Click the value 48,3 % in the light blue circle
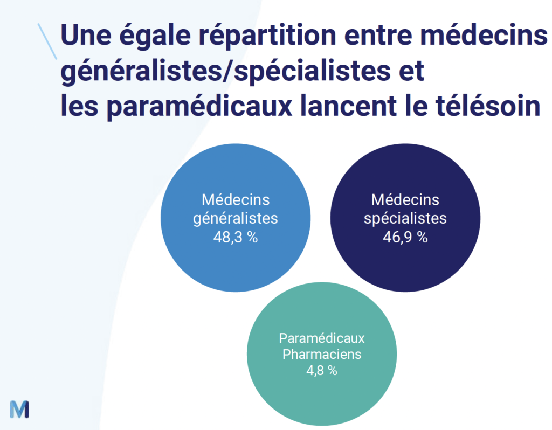236,237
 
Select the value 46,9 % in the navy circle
405,237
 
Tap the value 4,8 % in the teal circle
322,371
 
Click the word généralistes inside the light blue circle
236,219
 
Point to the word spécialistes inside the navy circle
405,219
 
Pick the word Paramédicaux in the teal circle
322,338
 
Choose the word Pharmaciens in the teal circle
322,355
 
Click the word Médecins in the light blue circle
236,200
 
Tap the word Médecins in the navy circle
405,200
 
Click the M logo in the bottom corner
19,409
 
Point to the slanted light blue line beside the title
47,41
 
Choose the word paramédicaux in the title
199,107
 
